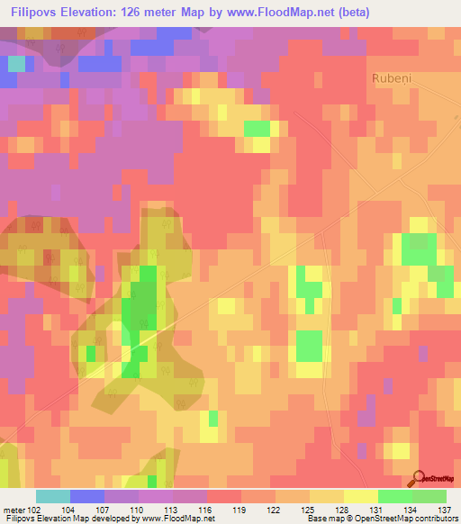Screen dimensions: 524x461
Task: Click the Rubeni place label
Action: coord(393,78)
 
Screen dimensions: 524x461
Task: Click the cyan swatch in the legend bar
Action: coord(52,496)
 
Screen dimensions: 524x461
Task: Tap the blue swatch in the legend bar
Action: coord(86,496)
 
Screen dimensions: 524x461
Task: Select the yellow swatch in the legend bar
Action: coord(360,496)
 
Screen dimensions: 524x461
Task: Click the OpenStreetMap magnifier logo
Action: coord(420,478)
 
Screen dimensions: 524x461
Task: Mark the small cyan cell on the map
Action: coord(16,63)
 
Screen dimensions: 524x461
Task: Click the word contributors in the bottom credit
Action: coord(436,519)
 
